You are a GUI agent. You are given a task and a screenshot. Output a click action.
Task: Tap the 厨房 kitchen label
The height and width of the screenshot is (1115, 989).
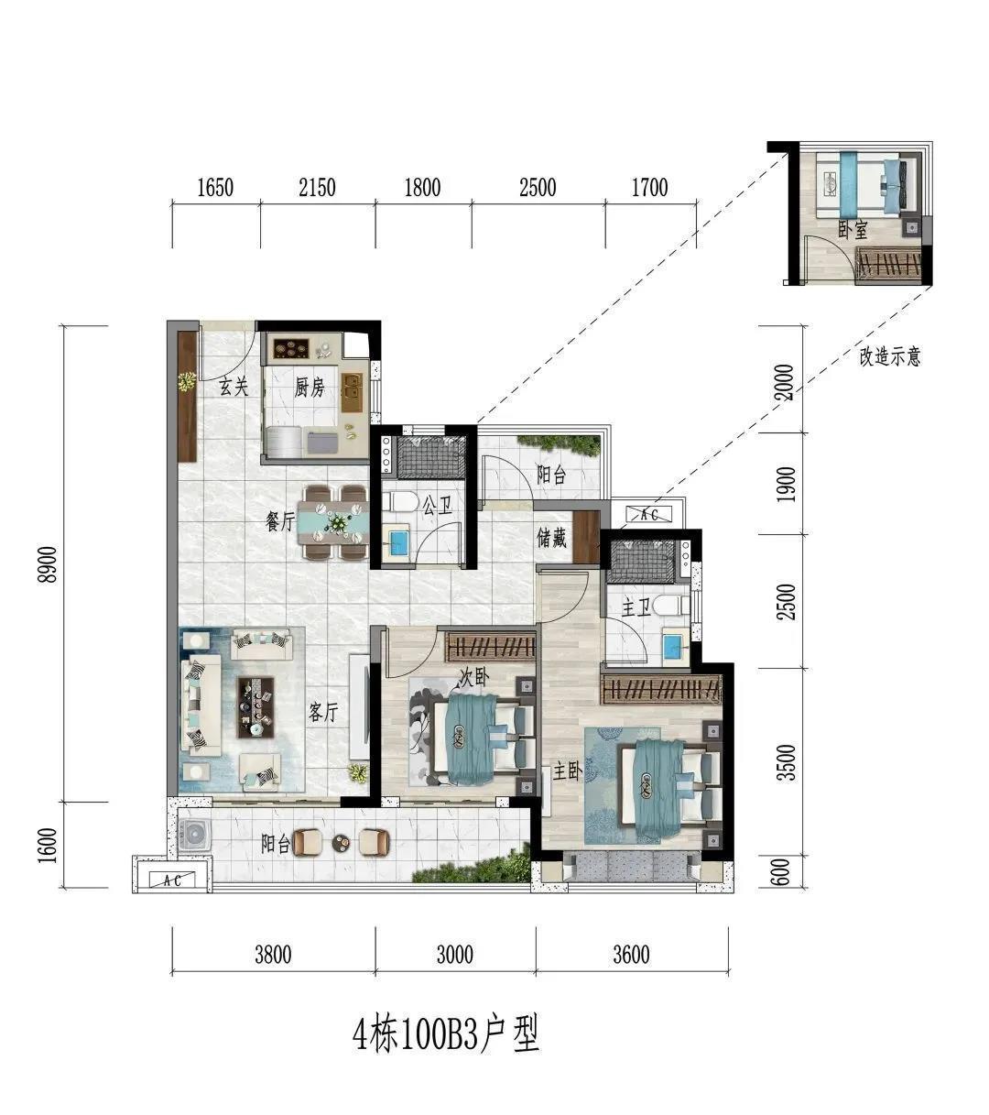[x=310, y=388]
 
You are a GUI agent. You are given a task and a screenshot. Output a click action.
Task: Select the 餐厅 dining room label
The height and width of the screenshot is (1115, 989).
[x=280, y=521]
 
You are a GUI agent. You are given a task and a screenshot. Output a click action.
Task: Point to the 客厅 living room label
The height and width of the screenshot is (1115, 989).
[x=323, y=712]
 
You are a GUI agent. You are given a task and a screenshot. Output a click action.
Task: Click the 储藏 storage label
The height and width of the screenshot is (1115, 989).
[x=551, y=538]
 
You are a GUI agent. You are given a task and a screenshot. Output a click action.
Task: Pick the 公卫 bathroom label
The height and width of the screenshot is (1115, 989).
[x=438, y=505]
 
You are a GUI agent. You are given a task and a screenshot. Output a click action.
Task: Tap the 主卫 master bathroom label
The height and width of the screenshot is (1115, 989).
[x=636, y=607]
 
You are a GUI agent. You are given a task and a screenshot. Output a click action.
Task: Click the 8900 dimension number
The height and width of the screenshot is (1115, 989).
[x=49, y=564]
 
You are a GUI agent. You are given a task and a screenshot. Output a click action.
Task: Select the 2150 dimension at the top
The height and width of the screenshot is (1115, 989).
[x=318, y=188]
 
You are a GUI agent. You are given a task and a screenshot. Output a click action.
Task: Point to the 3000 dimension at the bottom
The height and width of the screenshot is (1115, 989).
[x=455, y=955]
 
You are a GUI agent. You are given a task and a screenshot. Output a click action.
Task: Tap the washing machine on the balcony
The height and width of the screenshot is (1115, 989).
[x=192, y=835]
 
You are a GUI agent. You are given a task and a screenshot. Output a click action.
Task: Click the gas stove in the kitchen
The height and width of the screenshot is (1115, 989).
[x=291, y=349]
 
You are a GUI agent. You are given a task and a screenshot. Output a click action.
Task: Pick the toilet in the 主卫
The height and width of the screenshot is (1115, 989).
[x=673, y=606]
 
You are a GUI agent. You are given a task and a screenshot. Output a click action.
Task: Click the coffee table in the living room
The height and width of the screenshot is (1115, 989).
[x=255, y=706]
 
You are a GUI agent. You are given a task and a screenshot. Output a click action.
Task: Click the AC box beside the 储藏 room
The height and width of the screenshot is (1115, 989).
[x=649, y=515]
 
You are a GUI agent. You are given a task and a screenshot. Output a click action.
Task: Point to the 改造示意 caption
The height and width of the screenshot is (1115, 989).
[x=889, y=356]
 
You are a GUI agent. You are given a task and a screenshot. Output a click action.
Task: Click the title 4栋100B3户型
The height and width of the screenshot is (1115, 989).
[x=446, y=1033]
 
